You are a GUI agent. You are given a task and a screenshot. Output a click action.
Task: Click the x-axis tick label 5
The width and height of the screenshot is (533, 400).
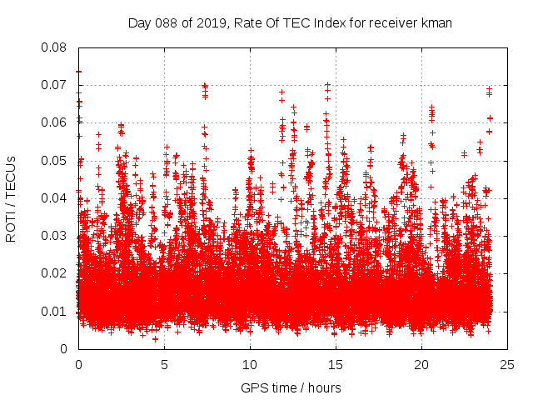coord(164,364)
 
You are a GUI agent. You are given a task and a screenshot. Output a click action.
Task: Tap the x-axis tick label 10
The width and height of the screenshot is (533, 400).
coord(250,364)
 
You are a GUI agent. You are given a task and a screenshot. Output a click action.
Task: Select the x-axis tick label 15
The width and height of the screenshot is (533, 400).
coord(336,364)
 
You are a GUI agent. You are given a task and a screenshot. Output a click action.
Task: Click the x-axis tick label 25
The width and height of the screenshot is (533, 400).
coord(507,364)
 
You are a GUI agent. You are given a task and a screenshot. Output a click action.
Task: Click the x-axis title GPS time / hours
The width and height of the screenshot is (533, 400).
coord(291,387)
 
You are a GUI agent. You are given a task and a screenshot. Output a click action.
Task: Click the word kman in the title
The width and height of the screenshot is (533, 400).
coord(437,23)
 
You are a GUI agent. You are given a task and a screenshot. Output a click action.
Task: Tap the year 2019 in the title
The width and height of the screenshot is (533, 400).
coord(210,23)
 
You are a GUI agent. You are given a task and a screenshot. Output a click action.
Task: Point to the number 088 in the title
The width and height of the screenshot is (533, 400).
coord(165,23)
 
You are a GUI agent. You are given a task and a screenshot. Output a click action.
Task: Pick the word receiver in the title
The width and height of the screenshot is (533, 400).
coord(391,23)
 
